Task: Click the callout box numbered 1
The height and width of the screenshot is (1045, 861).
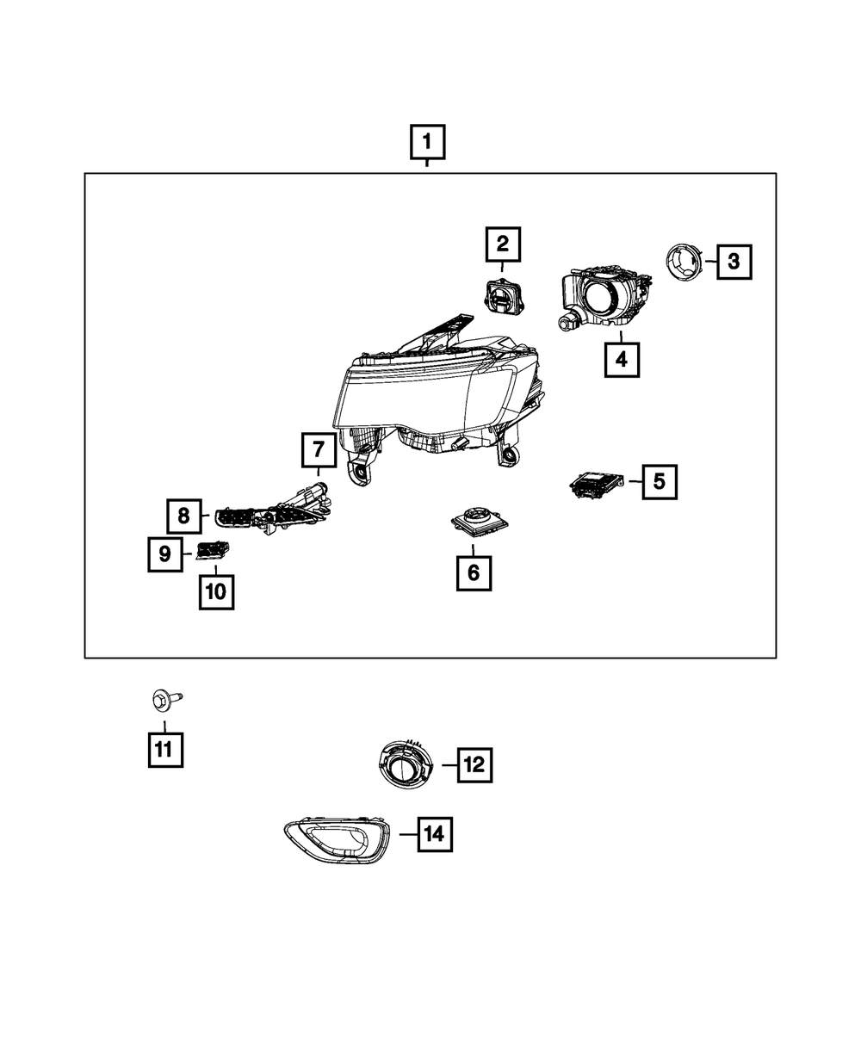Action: click(x=427, y=142)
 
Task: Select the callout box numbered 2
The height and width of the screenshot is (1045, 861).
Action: click(x=503, y=244)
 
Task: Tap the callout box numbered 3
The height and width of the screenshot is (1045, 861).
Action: click(x=734, y=262)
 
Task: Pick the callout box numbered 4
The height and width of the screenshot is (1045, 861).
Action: click(x=622, y=359)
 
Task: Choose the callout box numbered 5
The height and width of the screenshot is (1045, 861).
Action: click(x=660, y=482)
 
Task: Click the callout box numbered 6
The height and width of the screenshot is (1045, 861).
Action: click(x=474, y=573)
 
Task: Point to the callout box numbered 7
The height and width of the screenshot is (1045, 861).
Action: click(x=319, y=450)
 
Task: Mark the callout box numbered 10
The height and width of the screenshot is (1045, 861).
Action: click(x=216, y=592)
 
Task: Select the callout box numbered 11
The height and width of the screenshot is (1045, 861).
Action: click(x=165, y=750)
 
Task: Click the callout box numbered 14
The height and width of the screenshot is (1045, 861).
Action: click(x=435, y=834)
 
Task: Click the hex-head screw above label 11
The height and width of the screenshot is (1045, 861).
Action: click(x=166, y=699)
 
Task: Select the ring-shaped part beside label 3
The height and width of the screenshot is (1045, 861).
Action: click(x=684, y=260)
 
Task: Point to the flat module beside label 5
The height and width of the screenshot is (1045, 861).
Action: click(x=596, y=484)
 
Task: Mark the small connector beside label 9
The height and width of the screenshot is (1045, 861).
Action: click(x=213, y=550)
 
